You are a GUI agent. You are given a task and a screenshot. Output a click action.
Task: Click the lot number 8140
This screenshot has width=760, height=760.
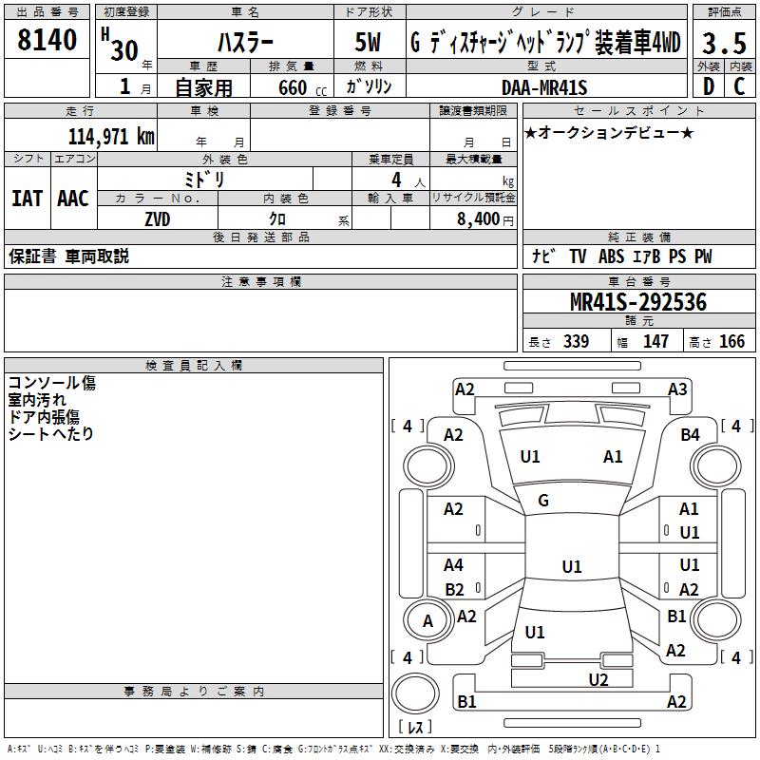(47, 40)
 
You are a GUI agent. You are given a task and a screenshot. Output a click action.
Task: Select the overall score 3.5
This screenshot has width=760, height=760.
(724, 43)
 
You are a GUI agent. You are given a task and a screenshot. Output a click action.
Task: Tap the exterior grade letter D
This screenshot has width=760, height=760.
(709, 86)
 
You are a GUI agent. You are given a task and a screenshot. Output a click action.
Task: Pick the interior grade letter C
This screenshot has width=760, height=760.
(739, 86)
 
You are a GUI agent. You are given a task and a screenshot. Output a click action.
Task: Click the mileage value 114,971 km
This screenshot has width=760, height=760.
(111, 136)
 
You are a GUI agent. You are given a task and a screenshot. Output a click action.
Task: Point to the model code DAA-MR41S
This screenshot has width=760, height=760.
(544, 87)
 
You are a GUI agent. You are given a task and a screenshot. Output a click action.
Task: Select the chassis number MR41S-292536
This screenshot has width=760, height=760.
(638, 302)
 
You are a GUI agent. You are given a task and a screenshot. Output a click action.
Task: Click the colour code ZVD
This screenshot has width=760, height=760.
(158, 219)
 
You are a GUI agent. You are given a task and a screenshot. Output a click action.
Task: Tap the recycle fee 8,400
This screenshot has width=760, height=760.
(479, 218)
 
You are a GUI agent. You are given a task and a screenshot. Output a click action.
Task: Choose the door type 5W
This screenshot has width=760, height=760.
(368, 42)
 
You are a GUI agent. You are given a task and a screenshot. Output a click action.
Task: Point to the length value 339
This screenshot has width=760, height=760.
(576, 341)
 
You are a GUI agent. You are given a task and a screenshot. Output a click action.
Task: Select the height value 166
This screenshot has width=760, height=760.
(731, 341)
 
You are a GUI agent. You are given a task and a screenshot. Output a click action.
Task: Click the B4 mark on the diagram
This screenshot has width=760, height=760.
(690, 435)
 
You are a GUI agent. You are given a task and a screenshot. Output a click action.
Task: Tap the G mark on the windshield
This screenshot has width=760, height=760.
(543, 501)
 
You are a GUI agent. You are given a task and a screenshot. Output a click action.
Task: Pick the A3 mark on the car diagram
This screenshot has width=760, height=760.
(677, 389)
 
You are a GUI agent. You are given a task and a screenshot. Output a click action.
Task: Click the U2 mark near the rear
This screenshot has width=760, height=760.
(598, 680)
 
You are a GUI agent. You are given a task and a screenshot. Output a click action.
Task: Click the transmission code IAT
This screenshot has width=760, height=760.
(27, 199)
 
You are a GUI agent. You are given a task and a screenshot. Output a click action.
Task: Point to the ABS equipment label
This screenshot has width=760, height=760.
(611, 256)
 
